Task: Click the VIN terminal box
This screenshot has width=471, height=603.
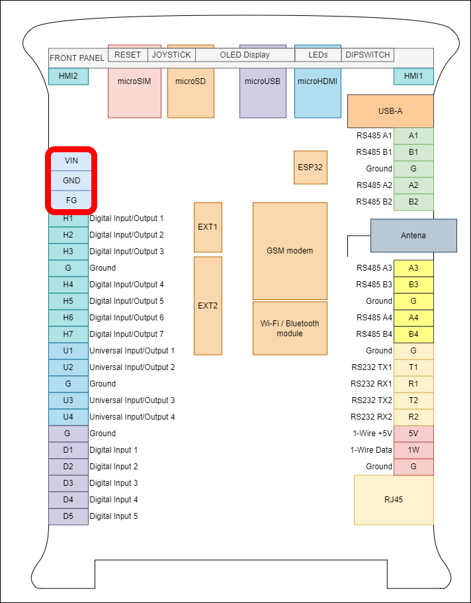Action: pyautogui.click(x=71, y=161)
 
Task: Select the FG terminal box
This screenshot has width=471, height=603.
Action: pyautogui.click(x=71, y=199)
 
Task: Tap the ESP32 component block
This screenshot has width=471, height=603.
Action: pyautogui.click(x=310, y=167)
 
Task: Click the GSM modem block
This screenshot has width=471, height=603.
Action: pyautogui.click(x=290, y=251)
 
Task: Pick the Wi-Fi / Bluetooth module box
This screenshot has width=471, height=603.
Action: pyautogui.click(x=290, y=328)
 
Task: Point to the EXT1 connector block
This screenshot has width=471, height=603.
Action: pyautogui.click(x=208, y=227)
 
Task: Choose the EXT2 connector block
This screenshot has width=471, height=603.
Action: pyautogui.click(x=208, y=306)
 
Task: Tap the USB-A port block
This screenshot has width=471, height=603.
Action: pyautogui.click(x=390, y=111)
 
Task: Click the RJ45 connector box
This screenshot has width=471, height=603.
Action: pyautogui.click(x=394, y=500)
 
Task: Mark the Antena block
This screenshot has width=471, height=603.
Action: pyautogui.click(x=413, y=236)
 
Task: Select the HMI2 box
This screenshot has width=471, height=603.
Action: pyautogui.click(x=68, y=77)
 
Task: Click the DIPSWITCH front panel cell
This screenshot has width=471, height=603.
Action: pyautogui.click(x=368, y=55)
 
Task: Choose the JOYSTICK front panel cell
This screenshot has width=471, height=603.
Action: pyautogui.click(x=171, y=55)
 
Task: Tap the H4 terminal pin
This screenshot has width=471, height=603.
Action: pyautogui.click(x=68, y=285)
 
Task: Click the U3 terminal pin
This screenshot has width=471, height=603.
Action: pyautogui.click(x=68, y=400)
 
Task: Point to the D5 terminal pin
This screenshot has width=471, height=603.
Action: pyautogui.click(x=68, y=516)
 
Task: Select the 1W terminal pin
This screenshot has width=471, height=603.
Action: pyautogui.click(x=413, y=450)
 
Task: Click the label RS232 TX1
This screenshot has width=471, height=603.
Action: pyautogui.click(x=371, y=367)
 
